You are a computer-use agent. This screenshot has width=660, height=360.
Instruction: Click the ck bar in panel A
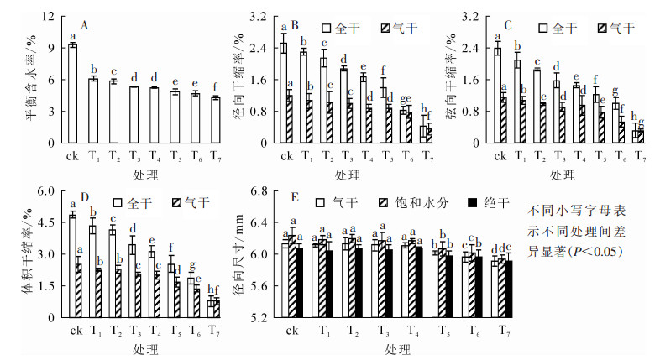pyautogui.click(x=72, y=93)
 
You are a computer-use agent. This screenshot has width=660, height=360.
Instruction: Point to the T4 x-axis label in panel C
pyautogui.click(x=579, y=155)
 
